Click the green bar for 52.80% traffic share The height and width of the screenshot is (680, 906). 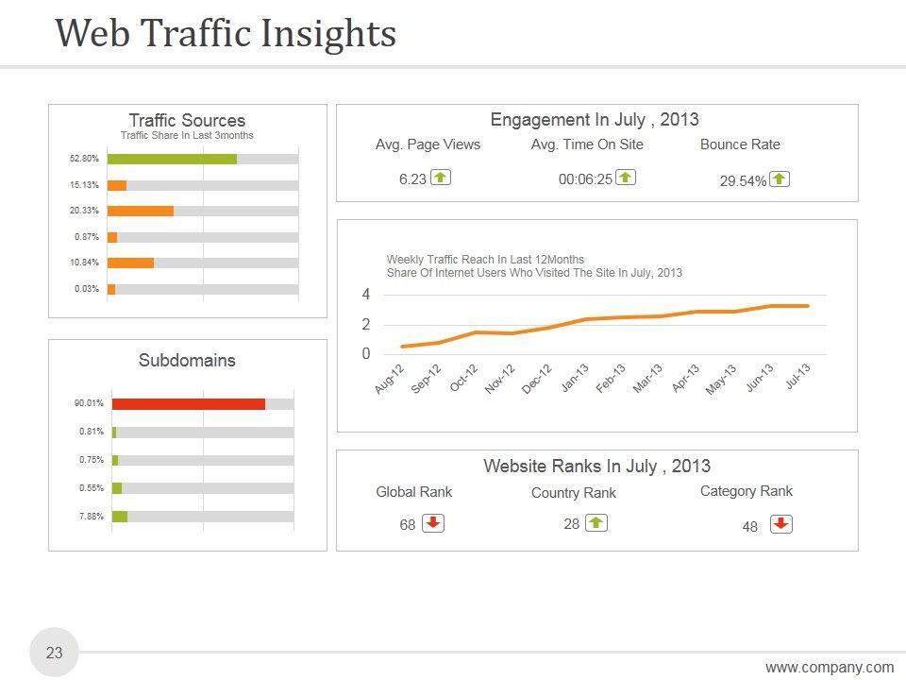pyautogui.click(x=172, y=159)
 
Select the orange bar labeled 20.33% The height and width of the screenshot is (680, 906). pyautogui.click(x=141, y=211)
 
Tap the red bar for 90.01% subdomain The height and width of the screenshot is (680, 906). pyautogui.click(x=188, y=404)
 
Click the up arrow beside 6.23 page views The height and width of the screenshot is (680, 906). pyautogui.click(x=440, y=178)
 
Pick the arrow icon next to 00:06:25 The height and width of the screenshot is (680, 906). pyautogui.click(x=625, y=178)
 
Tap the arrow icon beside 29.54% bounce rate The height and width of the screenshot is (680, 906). pyautogui.click(x=779, y=179)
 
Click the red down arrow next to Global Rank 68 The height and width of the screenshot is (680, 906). pyautogui.click(x=433, y=523)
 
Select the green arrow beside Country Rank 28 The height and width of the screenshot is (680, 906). pyautogui.click(x=596, y=522)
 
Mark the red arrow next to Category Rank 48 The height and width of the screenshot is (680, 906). pyautogui.click(x=780, y=524)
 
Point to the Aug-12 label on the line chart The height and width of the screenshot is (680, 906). pyautogui.click(x=389, y=379)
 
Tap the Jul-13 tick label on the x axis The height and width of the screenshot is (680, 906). pyautogui.click(x=797, y=378)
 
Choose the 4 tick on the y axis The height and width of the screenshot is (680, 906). pyautogui.click(x=366, y=295)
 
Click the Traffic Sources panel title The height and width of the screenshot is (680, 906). pyautogui.click(x=187, y=120)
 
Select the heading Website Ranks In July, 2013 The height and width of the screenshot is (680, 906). pyautogui.click(x=596, y=466)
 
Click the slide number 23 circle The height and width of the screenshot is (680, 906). pyautogui.click(x=55, y=653)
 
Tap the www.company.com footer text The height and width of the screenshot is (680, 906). pyautogui.click(x=830, y=668)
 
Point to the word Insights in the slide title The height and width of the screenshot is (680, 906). pyautogui.click(x=327, y=33)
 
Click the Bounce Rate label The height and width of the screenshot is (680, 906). pyautogui.click(x=740, y=144)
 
